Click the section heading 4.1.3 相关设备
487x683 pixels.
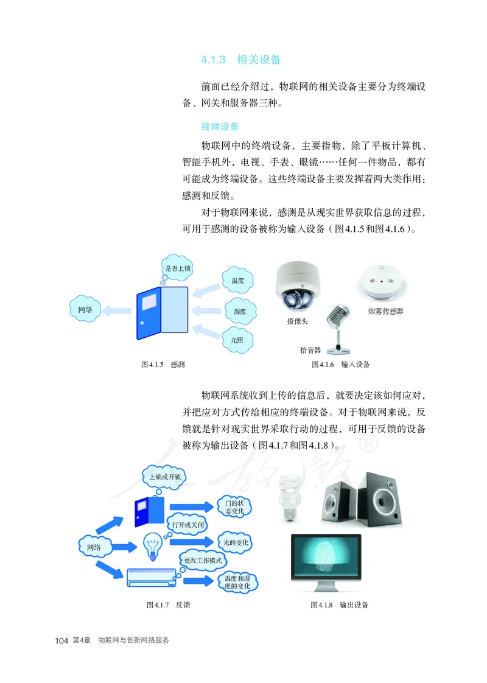[240, 60]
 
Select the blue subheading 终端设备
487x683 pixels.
[220, 127]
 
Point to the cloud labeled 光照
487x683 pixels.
[238, 340]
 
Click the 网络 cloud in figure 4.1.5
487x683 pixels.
[86, 310]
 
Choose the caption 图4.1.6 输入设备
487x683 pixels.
[340, 365]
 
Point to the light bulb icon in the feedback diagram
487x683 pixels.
[152, 545]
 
